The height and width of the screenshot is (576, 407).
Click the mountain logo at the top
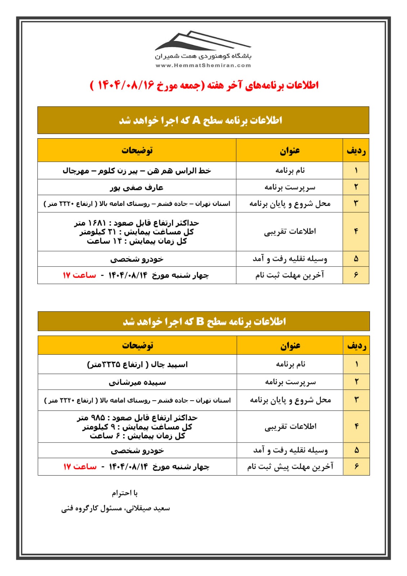[x=203, y=41]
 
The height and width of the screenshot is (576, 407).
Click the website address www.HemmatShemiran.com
[x=203, y=66]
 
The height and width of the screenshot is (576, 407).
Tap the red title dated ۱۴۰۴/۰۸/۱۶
[x=204, y=85]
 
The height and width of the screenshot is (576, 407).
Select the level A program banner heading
[x=203, y=120]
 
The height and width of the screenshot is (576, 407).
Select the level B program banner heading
[x=204, y=321]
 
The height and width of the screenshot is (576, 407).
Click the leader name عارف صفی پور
[x=137, y=188]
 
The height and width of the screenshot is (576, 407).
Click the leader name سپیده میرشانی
[x=137, y=382]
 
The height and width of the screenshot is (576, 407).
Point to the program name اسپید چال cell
[x=137, y=364]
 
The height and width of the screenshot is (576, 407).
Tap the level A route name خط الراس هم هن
[x=137, y=170]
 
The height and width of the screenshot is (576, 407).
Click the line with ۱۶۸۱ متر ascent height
[x=137, y=223]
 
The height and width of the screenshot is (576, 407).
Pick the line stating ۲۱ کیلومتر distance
[x=137, y=232]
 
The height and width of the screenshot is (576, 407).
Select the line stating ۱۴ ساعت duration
[x=137, y=241]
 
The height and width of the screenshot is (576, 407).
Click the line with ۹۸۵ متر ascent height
[x=137, y=418]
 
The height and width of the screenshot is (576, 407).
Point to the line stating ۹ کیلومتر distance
[x=137, y=427]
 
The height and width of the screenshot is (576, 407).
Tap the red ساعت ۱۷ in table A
[x=80, y=275]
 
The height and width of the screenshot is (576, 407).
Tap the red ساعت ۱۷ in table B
[x=80, y=467]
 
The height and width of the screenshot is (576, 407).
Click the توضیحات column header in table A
[x=137, y=150]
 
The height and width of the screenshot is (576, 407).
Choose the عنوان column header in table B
[x=290, y=346]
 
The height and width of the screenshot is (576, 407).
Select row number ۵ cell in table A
[x=356, y=259]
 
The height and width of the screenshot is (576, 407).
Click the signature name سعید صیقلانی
[x=116, y=508]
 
